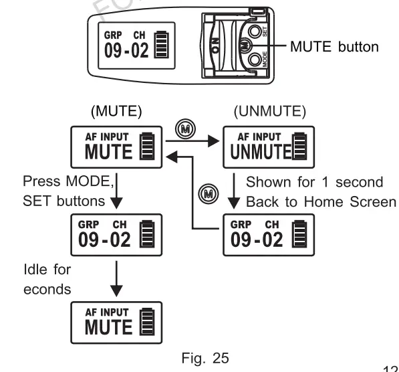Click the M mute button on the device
244,47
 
